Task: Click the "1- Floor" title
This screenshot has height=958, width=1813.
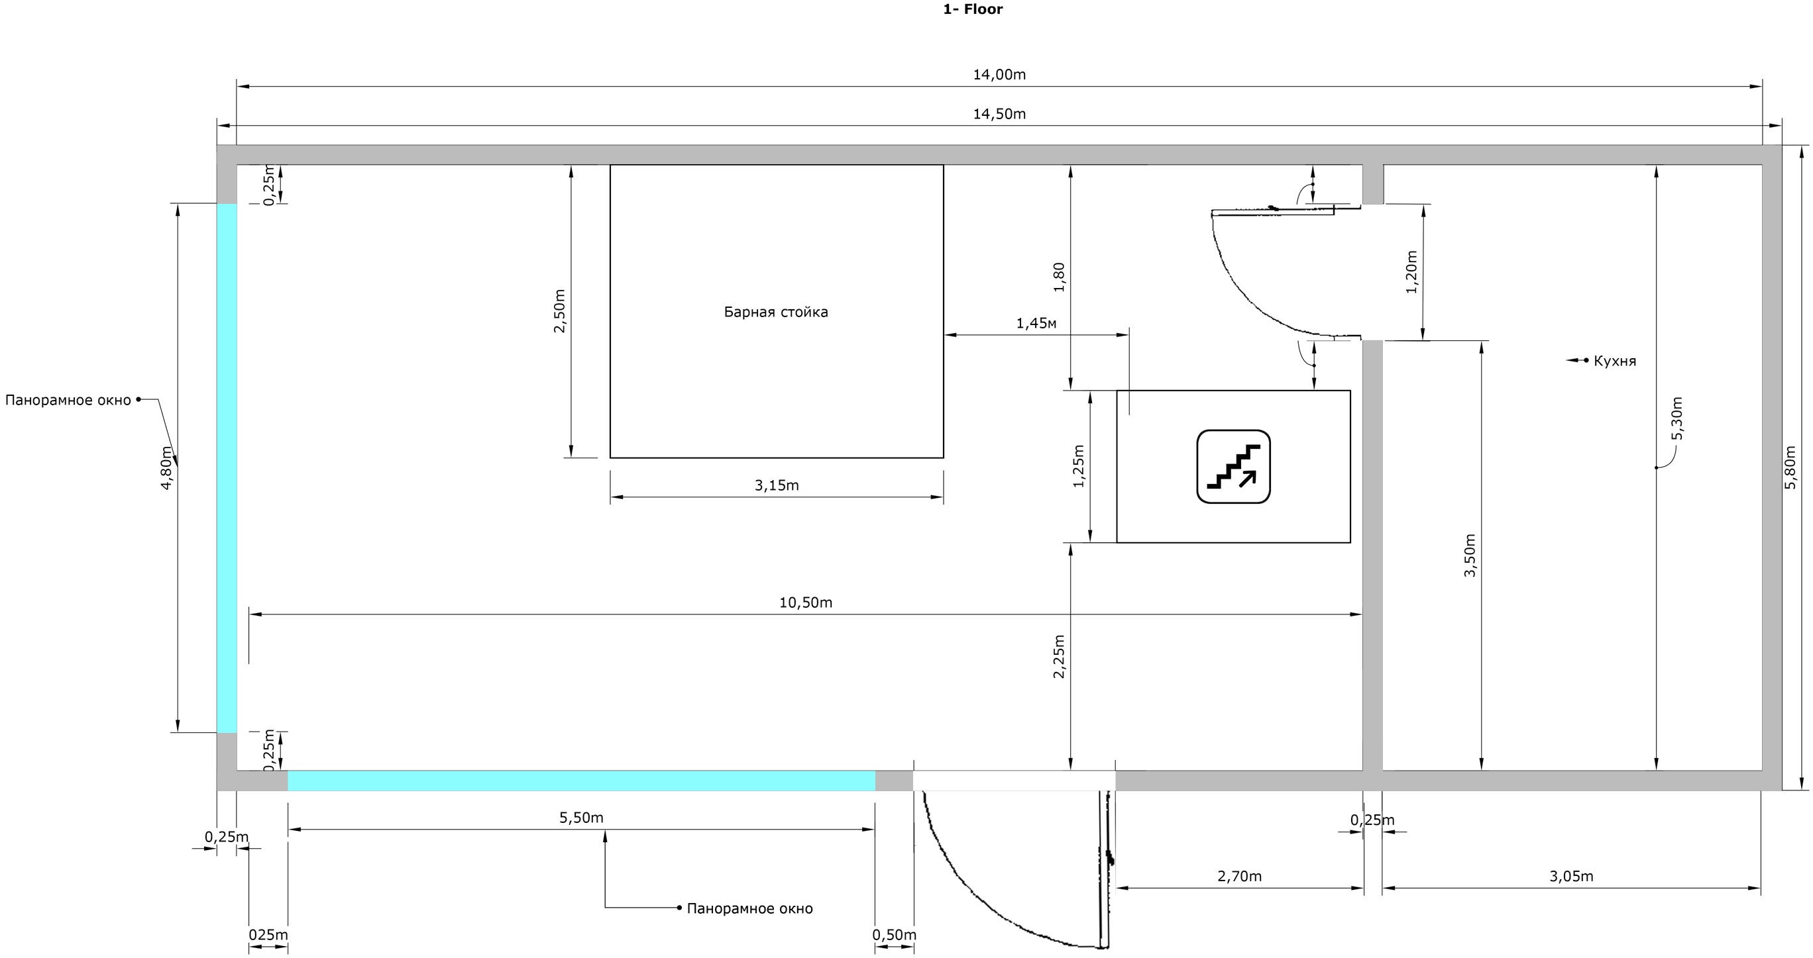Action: pyautogui.click(x=973, y=9)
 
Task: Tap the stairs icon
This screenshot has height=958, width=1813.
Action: pyautogui.click(x=1233, y=466)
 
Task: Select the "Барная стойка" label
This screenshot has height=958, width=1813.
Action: pyautogui.click(x=775, y=312)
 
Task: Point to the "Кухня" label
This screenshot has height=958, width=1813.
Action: pyautogui.click(x=1614, y=361)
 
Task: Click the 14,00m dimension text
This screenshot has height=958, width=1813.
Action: pyautogui.click(x=999, y=75)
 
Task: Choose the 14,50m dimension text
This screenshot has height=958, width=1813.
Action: pyautogui.click(x=999, y=114)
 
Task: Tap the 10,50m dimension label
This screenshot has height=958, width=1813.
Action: pyautogui.click(x=806, y=602)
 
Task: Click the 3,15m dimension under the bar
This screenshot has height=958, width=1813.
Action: pyautogui.click(x=777, y=485)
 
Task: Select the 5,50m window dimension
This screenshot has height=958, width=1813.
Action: pyautogui.click(x=581, y=818)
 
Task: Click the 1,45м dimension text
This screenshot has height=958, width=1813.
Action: pyautogui.click(x=1036, y=324)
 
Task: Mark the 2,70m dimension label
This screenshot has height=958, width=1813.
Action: pyautogui.click(x=1239, y=877)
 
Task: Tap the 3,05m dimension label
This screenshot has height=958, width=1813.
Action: pyautogui.click(x=1571, y=877)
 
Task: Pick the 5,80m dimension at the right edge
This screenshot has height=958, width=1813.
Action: pyautogui.click(x=1791, y=467)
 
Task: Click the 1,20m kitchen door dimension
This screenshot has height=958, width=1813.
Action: pyautogui.click(x=1411, y=271)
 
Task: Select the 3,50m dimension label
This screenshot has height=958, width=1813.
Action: pyautogui.click(x=1470, y=555)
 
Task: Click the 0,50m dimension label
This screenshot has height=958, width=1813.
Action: pyautogui.click(x=895, y=935)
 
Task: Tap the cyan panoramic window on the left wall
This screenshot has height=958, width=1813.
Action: pyautogui.click(x=227, y=468)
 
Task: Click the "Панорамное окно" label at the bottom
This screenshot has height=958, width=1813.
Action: pyautogui.click(x=749, y=909)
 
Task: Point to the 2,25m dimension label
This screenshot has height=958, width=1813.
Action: pyautogui.click(x=1058, y=656)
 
